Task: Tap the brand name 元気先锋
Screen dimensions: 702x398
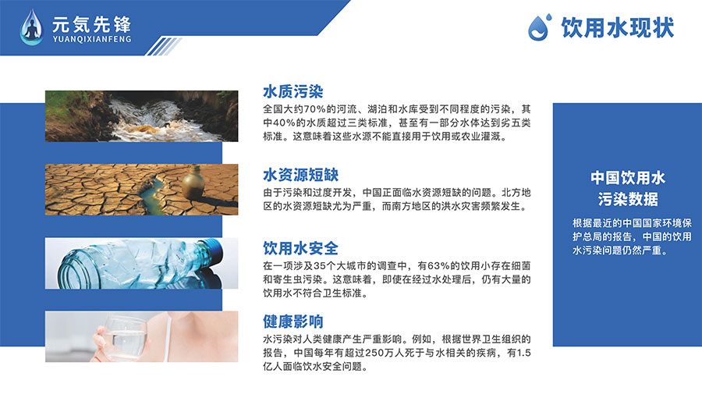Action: pos(92,24)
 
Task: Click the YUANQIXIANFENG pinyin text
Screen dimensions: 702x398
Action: pos(92,39)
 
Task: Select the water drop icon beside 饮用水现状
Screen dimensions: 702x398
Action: pos(540,27)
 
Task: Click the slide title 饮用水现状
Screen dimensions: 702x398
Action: pos(618,28)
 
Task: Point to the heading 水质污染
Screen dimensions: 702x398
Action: pos(292,91)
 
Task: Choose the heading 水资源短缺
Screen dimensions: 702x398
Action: pos(300,175)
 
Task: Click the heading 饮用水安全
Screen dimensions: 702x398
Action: pos(300,248)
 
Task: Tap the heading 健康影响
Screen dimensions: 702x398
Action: pos(292,321)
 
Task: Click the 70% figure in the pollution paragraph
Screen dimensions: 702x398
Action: pos(315,109)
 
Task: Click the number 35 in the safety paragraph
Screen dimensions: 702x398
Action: pos(319,266)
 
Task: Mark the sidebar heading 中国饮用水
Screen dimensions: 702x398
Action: pos(628,178)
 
